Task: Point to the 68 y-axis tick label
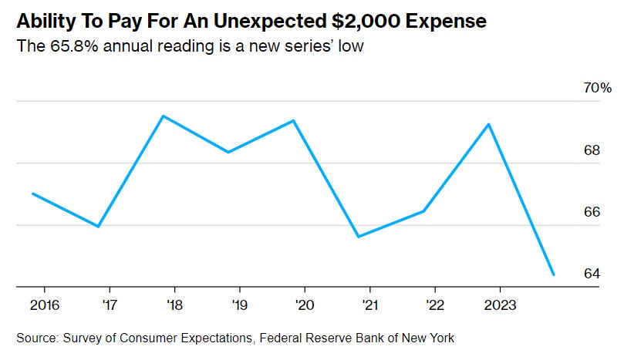coord(592,150)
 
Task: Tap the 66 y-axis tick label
coord(592,211)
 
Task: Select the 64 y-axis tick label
coord(592,274)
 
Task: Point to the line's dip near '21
coord(358,237)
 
